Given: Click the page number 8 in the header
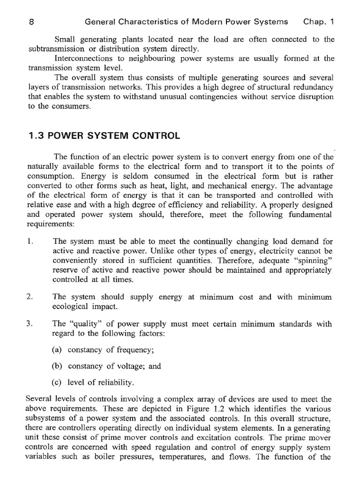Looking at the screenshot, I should (x=30, y=22).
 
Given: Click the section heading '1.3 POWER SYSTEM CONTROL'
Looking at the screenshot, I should (x=104, y=136).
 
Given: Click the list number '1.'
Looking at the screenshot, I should (x=31, y=242).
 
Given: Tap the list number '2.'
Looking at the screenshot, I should (x=31, y=297).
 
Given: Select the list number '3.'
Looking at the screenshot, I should (x=31, y=324).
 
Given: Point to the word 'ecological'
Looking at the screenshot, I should (x=73, y=307).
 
